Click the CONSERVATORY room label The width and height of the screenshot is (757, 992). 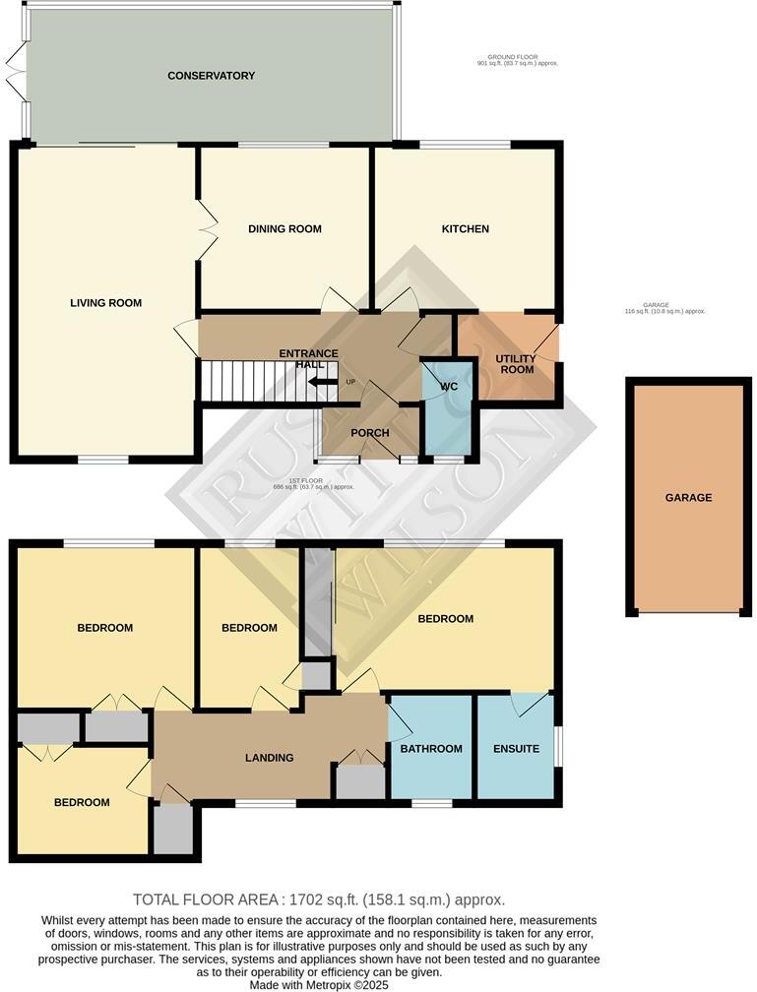(x=211, y=76)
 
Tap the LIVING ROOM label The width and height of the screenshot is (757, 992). (x=105, y=303)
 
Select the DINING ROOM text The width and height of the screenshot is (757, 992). (x=284, y=229)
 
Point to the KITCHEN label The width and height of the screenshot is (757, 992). (x=465, y=229)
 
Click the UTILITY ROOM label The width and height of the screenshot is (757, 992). (x=516, y=363)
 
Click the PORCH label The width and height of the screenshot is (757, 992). (x=370, y=433)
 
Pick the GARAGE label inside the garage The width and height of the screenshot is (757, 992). (x=688, y=498)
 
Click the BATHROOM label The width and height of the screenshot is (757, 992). (x=431, y=749)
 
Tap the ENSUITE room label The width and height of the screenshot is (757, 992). (x=516, y=749)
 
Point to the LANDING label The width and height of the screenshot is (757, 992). (x=269, y=758)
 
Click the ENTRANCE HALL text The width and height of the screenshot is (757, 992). (x=309, y=359)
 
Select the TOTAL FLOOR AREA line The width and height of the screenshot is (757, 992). (x=319, y=899)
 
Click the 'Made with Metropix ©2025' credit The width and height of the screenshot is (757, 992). (x=320, y=984)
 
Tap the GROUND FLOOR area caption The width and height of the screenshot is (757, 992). (x=516, y=60)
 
